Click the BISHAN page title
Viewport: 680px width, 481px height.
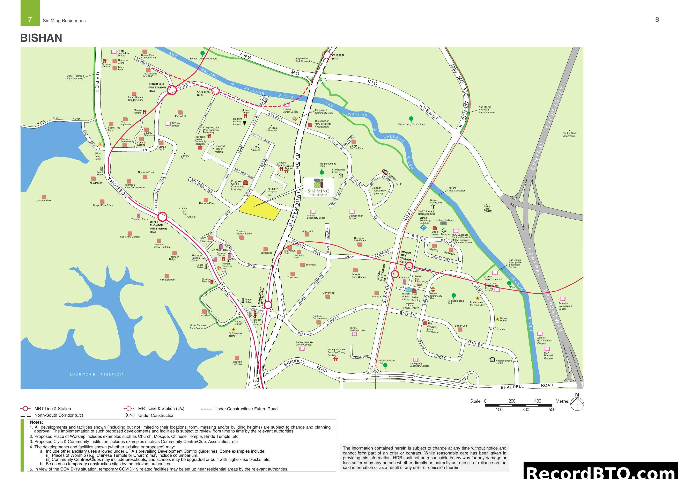coord(41,38)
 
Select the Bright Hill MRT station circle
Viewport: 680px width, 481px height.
coord(172,90)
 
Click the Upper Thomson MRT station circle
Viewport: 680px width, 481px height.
coord(162,217)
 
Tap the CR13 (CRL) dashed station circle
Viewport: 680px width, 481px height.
coord(216,91)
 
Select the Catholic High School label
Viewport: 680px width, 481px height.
coord(355,217)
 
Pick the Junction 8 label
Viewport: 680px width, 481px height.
coord(404,278)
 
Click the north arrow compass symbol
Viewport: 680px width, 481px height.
coord(577,403)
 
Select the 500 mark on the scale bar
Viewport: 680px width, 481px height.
coord(552,410)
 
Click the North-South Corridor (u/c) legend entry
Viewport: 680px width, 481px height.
coord(58,415)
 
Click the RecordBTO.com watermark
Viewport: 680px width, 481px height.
coord(601,472)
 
